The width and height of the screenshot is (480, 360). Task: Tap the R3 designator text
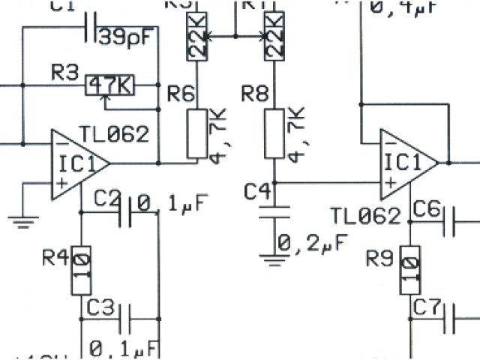pyautogui.click(x=64, y=73)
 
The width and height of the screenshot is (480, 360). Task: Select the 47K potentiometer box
pyautogui.click(x=109, y=85)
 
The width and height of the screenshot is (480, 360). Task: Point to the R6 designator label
pyautogui.click(x=181, y=94)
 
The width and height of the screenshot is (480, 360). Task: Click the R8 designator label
pyautogui.click(x=255, y=94)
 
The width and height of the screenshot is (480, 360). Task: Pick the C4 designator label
pyautogui.click(x=258, y=192)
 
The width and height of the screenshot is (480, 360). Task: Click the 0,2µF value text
pyautogui.click(x=311, y=243)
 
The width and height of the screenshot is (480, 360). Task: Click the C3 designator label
pyautogui.click(x=100, y=307)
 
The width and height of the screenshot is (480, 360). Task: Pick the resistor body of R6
pyautogui.click(x=196, y=133)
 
